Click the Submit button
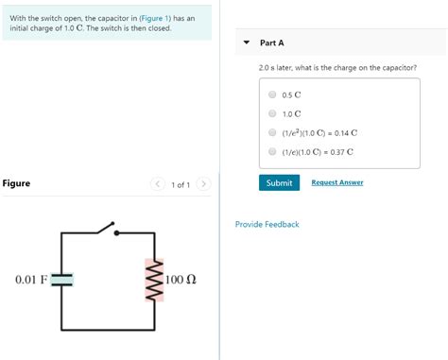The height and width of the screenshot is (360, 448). [x=279, y=182]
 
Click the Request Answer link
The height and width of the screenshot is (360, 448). [x=336, y=182]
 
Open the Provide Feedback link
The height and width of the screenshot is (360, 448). [x=267, y=224]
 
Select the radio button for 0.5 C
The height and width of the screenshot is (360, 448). [x=272, y=94]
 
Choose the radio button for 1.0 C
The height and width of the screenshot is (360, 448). [x=272, y=113]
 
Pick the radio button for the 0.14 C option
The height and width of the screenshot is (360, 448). [x=272, y=132]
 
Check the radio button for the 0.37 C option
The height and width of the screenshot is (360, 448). [x=272, y=151]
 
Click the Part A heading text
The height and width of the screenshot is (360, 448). [x=272, y=43]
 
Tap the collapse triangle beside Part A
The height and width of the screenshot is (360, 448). [x=247, y=43]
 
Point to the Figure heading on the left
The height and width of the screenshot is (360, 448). [x=16, y=183]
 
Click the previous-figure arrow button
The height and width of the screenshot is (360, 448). [x=157, y=184]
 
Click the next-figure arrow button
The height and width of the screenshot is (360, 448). [x=204, y=184]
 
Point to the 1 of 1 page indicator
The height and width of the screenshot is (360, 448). [x=181, y=184]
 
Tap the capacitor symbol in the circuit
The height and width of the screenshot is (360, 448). [x=62, y=279]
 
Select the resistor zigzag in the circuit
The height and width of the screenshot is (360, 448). [x=148, y=280]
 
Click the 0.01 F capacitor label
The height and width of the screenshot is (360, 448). [x=30, y=280]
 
